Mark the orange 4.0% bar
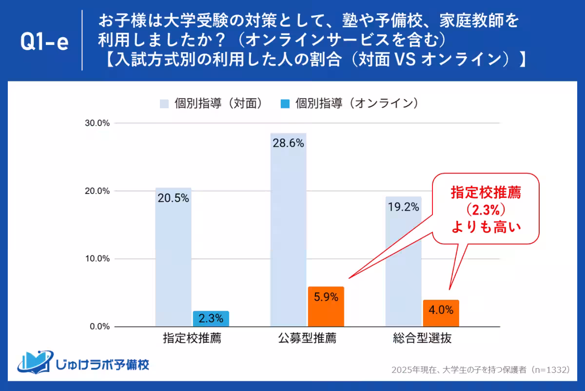click(x=441, y=313)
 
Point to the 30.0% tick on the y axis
click(x=98, y=123)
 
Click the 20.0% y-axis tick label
click(x=98, y=191)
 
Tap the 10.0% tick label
click(x=98, y=259)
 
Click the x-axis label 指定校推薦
click(x=192, y=338)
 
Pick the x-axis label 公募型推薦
click(x=307, y=338)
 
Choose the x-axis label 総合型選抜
click(x=422, y=338)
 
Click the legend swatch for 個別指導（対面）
click(x=164, y=103)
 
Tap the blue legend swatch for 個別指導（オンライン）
click(x=285, y=103)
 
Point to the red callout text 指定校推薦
click(x=486, y=193)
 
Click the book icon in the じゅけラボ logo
click(x=34, y=361)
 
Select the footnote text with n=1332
click(x=480, y=370)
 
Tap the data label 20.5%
click(x=173, y=198)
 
